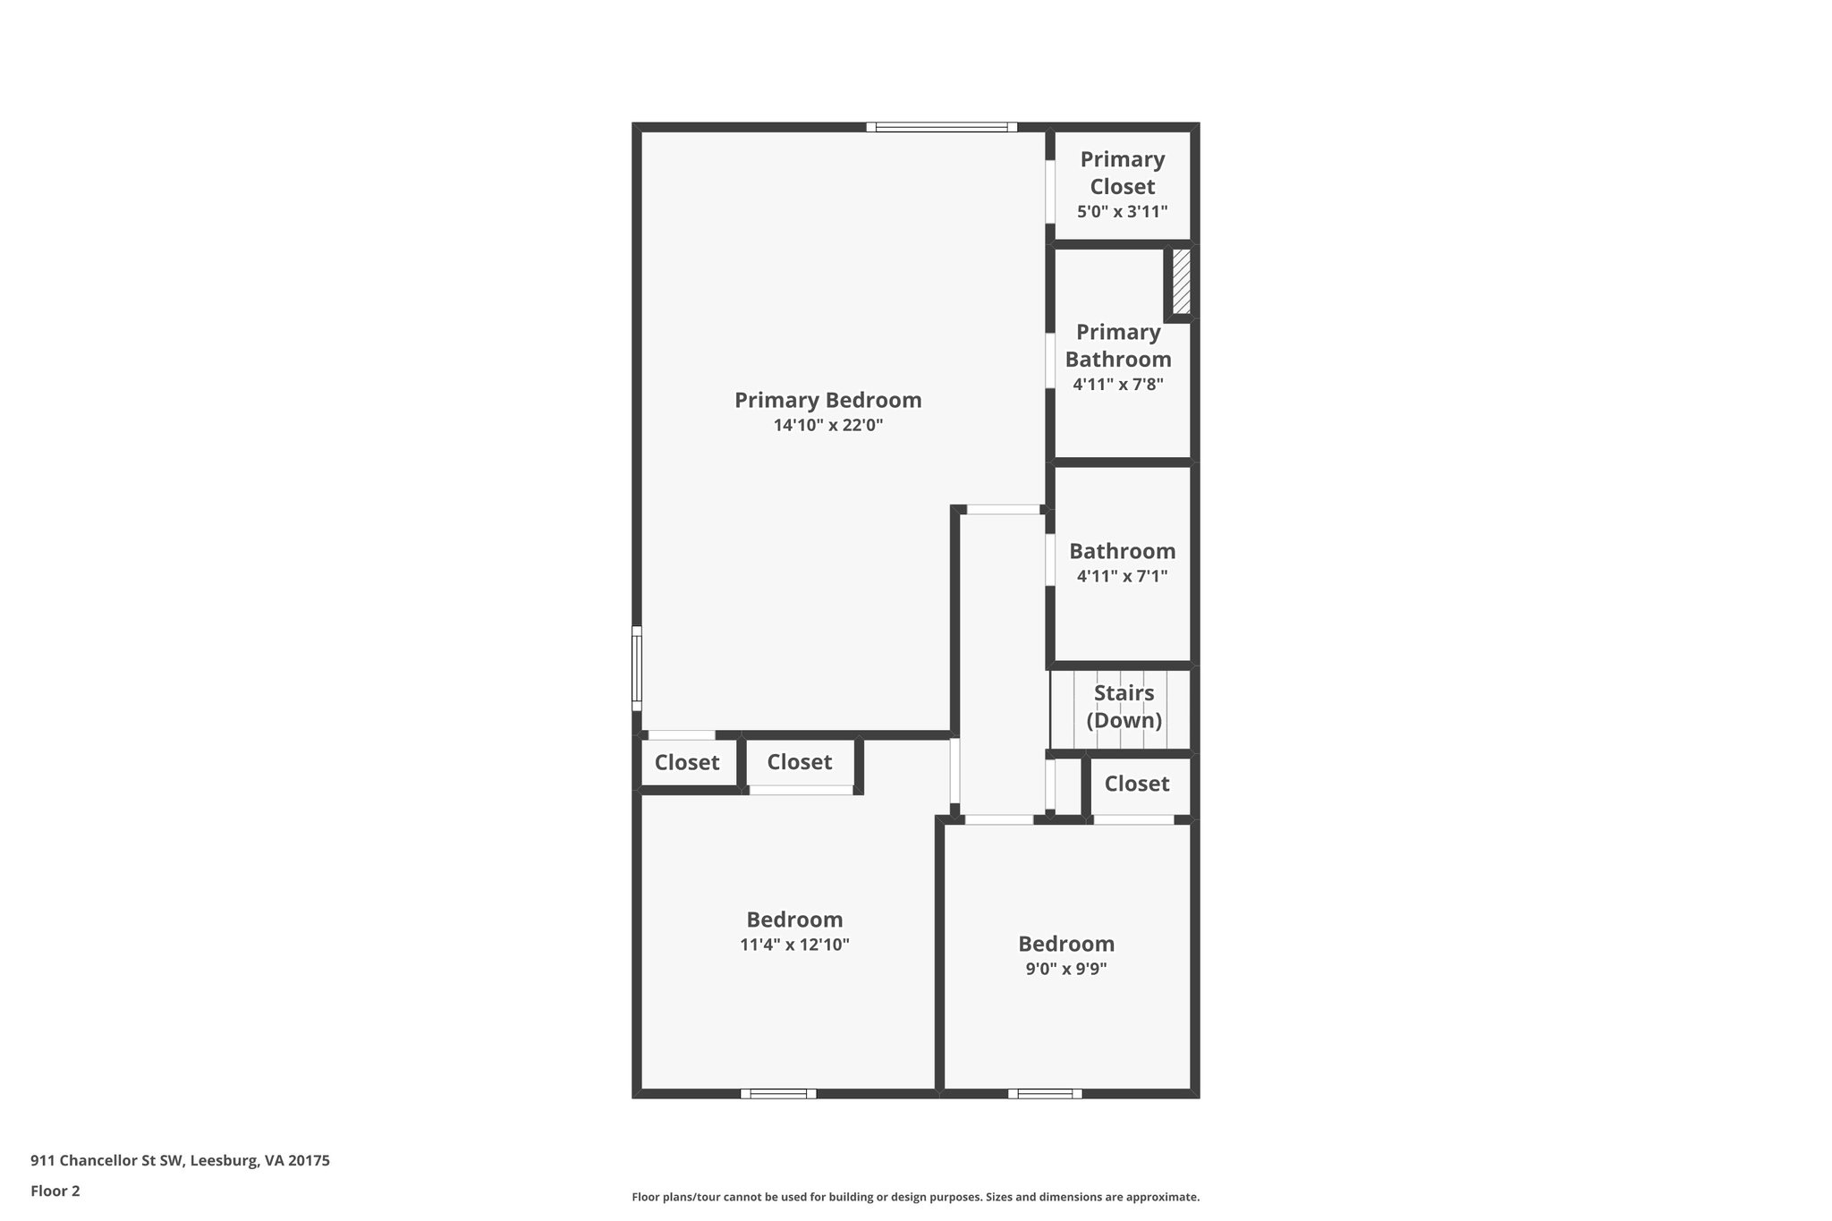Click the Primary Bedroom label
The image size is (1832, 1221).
827,400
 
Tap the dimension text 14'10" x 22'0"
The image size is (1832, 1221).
827,426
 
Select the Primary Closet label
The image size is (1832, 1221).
1122,173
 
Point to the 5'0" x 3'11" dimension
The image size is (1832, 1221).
1122,212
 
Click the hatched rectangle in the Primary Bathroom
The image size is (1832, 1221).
1181,281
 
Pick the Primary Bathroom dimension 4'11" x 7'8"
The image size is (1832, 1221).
1117,385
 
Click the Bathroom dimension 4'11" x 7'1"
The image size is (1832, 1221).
1122,577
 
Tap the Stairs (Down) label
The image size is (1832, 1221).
1124,707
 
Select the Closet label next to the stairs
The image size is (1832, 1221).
1136,784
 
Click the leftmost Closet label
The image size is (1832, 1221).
686,763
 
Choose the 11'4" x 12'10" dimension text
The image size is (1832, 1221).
794,945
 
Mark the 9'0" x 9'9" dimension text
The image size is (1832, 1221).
1065,969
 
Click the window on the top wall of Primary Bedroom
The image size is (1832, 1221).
941,127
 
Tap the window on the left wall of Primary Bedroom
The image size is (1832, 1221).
637,668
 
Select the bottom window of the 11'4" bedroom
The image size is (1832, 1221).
778,1093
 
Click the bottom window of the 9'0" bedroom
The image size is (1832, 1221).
1045,1093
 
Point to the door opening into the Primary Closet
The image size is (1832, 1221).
1050,191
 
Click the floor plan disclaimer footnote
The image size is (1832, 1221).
915,1197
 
